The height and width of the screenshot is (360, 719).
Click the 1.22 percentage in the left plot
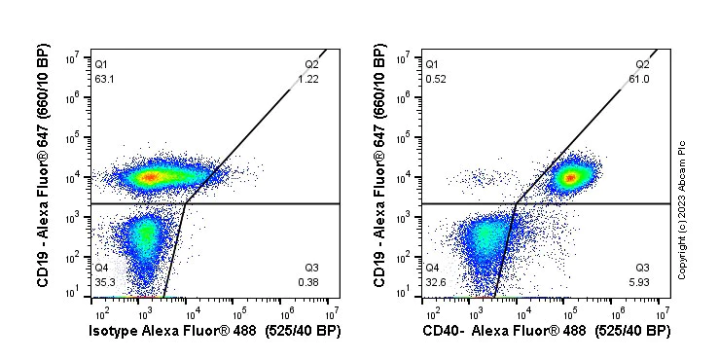tap(309, 79)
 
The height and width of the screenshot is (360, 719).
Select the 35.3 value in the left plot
tap(104, 282)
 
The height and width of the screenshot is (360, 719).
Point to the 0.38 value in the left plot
tap(309, 282)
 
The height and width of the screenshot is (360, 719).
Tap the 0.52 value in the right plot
tap(436, 79)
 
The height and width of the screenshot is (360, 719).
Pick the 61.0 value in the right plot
tap(639, 79)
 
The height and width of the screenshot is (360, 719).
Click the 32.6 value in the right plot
tap(435, 282)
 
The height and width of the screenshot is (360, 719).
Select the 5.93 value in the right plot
tap(641, 282)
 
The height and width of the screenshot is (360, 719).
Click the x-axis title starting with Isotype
tap(215, 333)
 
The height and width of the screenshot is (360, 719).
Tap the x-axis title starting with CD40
tap(546, 333)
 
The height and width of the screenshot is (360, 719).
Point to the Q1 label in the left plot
tap(101, 64)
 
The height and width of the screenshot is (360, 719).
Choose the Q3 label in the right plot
tap(642, 268)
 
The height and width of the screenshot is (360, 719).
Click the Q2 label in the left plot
tap(311, 64)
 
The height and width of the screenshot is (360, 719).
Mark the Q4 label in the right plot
tap(432, 268)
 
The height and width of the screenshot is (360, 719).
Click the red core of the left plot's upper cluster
tap(149, 177)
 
